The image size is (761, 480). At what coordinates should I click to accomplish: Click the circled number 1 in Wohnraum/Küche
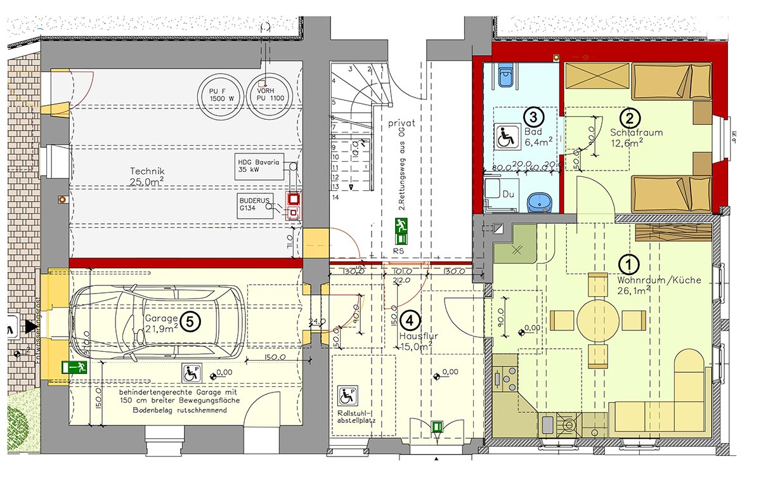[628, 263]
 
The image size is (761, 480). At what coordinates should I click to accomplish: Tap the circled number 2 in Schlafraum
[630, 117]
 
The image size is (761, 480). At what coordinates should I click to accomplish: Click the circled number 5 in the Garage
[190, 321]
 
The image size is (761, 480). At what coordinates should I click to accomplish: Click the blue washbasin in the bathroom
[540, 201]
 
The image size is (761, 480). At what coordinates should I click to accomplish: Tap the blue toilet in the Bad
[505, 75]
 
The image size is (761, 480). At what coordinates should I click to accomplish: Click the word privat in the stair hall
[401, 124]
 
